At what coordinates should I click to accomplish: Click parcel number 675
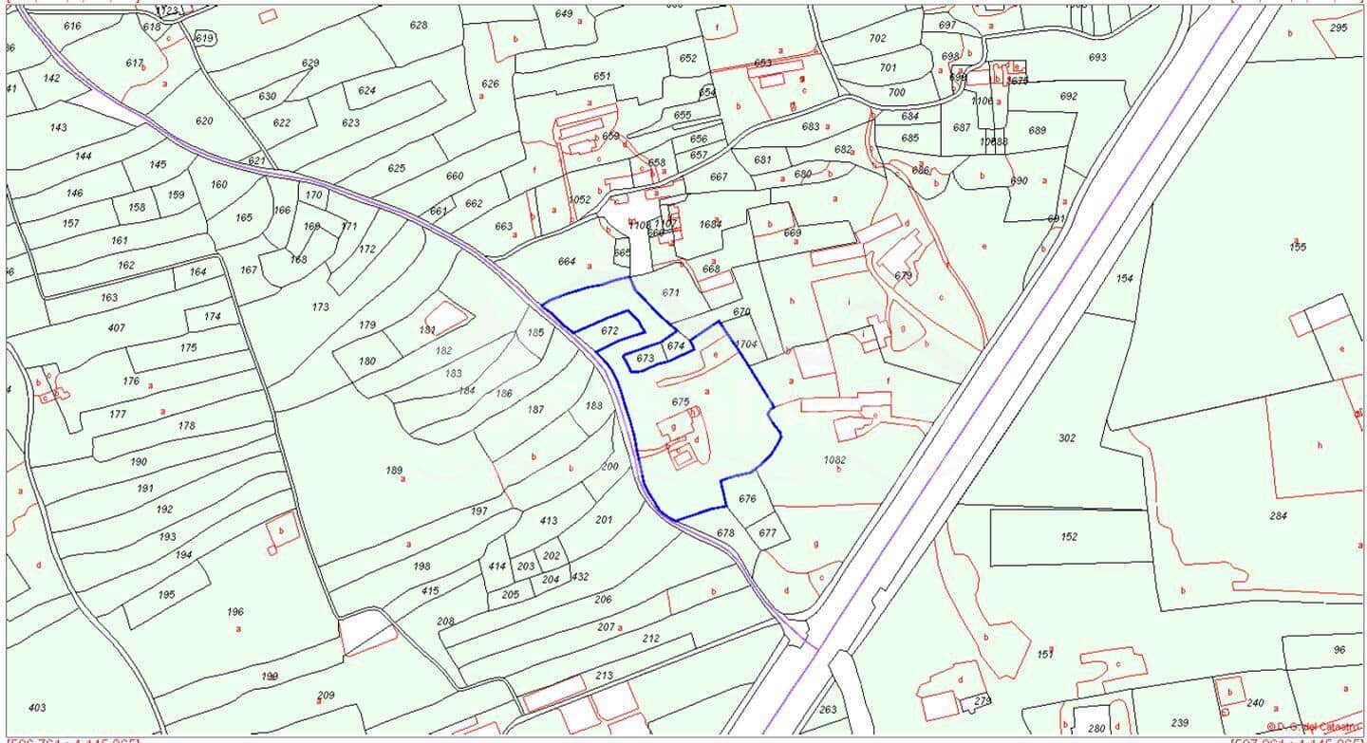tap(680, 402)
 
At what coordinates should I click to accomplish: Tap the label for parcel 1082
tap(834, 460)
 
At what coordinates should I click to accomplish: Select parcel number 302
tap(1067, 438)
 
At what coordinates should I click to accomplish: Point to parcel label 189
tap(394, 471)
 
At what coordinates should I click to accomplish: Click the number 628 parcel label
tap(419, 26)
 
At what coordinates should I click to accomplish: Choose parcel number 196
tap(235, 612)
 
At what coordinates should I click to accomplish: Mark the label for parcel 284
tap(1279, 516)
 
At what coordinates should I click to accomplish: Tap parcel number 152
tap(1070, 537)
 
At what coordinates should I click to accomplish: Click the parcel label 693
tap(1097, 58)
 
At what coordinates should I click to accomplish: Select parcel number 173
tap(320, 307)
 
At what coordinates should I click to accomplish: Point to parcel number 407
tap(116, 328)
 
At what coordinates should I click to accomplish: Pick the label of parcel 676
tap(747, 499)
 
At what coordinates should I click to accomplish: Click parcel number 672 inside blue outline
tap(609, 331)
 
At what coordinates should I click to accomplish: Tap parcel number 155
tap(1298, 248)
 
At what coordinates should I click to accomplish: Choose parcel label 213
tap(604, 676)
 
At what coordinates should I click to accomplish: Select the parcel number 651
tap(602, 77)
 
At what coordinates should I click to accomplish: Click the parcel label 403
tap(37, 708)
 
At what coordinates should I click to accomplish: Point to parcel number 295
tap(1338, 28)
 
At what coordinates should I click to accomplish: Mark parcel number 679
tap(903, 276)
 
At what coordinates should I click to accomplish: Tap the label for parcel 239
tap(1180, 723)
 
